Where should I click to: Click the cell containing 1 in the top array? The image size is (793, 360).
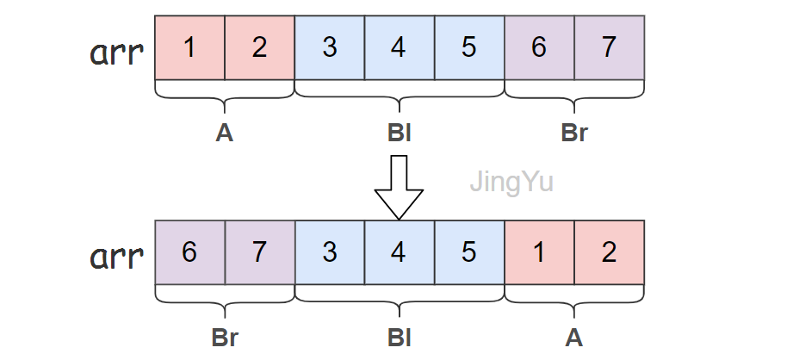(189, 47)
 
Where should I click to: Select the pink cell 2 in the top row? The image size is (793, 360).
(259, 47)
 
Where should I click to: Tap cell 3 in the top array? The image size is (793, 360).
(329, 47)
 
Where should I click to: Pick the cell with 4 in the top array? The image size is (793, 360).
(399, 47)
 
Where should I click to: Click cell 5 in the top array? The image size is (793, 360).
(468, 47)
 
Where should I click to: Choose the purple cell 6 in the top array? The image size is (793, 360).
(539, 47)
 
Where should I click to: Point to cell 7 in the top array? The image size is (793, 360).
(609, 47)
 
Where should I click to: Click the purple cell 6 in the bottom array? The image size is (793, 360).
(189, 253)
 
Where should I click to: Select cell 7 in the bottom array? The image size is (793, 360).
(259, 253)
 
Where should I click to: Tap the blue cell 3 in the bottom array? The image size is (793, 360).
(329, 253)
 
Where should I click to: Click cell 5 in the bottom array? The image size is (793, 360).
(468, 253)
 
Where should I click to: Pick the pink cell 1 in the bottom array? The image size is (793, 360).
(539, 253)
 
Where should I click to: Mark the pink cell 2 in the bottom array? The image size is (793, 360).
(609, 253)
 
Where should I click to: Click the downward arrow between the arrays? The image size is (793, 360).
(399, 187)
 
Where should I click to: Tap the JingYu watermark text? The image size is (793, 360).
(511, 183)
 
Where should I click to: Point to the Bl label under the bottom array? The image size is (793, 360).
(399, 338)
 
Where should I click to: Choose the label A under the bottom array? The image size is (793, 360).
(573, 338)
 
